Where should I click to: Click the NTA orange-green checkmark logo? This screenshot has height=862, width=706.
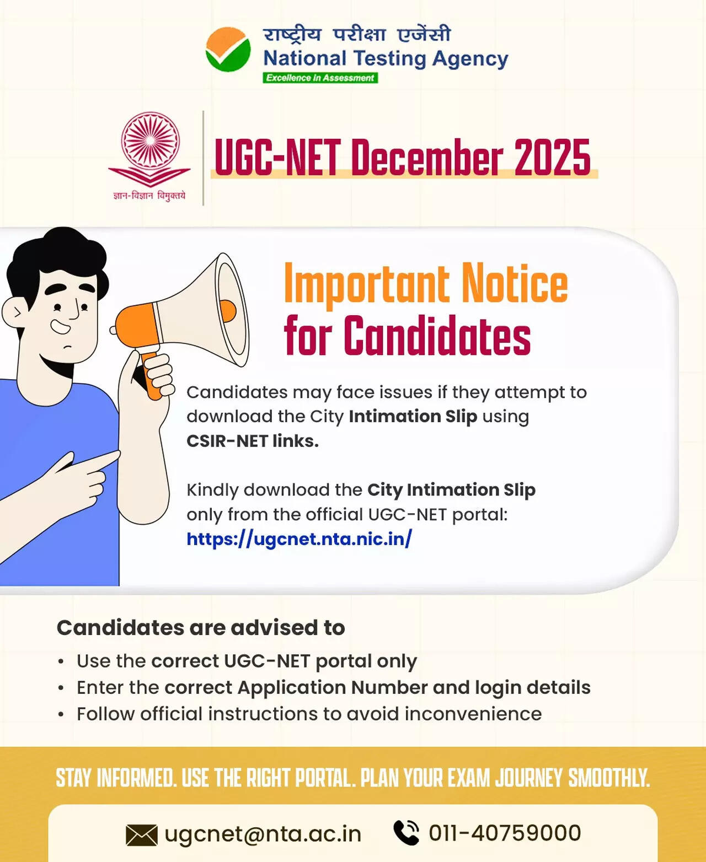tap(228, 50)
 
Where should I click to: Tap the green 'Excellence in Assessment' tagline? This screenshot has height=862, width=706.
tap(320, 78)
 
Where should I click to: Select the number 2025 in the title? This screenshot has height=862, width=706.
tap(552, 158)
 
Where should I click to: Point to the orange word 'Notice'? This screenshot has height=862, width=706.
tap(514, 284)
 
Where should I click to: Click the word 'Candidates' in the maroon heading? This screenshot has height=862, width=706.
tap(437, 336)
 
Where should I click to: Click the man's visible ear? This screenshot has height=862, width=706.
tap(15, 313)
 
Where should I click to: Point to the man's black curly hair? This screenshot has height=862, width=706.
tap(55, 259)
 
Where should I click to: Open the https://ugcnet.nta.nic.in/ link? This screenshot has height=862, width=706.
tap(299, 538)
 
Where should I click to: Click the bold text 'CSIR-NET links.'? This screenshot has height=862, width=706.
tap(253, 441)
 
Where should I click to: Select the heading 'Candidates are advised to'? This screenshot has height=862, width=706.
tap(201, 628)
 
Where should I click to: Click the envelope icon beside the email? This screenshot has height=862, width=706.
tap(142, 835)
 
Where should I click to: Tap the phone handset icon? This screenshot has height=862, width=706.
tap(407, 833)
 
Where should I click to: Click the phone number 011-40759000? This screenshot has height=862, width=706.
tap(505, 833)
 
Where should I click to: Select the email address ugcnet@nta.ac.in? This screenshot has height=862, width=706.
tap(263, 834)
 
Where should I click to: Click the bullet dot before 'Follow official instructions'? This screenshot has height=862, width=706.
tap(61, 714)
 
